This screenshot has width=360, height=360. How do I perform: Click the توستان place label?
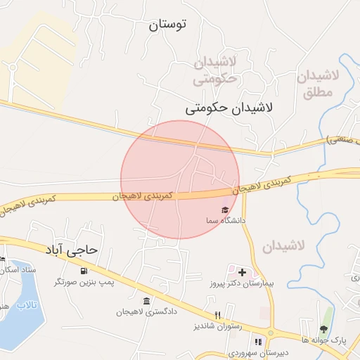[x=167, y=25]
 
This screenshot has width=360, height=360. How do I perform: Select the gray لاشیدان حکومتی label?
[x=215, y=72]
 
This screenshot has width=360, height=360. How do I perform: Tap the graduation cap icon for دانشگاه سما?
[x=225, y=210]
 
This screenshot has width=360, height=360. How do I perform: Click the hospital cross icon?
[x=243, y=271]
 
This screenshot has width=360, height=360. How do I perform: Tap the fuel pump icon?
[x=84, y=271]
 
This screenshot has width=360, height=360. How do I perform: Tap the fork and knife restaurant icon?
[x=218, y=315]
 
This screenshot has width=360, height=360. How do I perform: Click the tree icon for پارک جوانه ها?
[x=323, y=328]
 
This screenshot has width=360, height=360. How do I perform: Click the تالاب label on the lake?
[x=27, y=304]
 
